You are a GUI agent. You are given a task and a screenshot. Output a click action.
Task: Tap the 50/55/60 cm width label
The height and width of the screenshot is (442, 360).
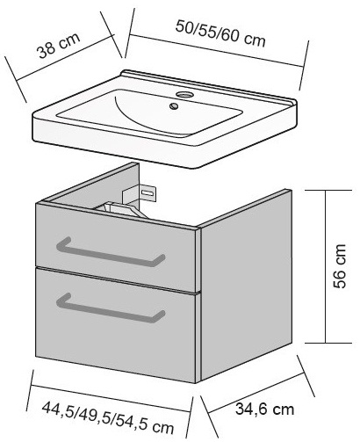220,33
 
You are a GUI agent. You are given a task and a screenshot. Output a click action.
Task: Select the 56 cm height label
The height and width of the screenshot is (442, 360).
340,266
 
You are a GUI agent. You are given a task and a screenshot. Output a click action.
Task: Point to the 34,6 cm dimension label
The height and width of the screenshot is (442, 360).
264,409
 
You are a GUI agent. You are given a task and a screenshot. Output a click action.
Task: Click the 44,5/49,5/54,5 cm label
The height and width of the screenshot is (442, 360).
108,417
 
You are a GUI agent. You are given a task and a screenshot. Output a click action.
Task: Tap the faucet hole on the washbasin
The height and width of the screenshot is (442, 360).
184,95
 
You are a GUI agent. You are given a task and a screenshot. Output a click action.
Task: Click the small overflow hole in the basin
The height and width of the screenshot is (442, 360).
174,105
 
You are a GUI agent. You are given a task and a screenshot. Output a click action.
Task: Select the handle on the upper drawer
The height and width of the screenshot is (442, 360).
111,252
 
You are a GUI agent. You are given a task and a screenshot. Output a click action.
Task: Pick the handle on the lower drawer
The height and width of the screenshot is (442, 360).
111,308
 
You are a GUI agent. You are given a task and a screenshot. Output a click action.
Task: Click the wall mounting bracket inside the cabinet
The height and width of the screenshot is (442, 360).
140,192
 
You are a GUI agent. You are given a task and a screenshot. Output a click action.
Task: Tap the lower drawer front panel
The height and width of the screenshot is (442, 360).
117,325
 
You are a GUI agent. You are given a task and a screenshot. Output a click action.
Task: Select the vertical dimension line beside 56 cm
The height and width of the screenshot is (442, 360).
325,266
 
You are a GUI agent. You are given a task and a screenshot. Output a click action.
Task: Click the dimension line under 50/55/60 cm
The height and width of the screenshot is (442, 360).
217,51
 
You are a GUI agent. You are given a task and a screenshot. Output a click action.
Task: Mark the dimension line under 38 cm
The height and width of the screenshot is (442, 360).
65,58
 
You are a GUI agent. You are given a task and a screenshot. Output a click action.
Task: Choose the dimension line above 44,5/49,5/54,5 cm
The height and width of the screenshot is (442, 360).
111,399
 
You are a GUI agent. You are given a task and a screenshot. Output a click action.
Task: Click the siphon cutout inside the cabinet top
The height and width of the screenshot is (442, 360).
121,209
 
